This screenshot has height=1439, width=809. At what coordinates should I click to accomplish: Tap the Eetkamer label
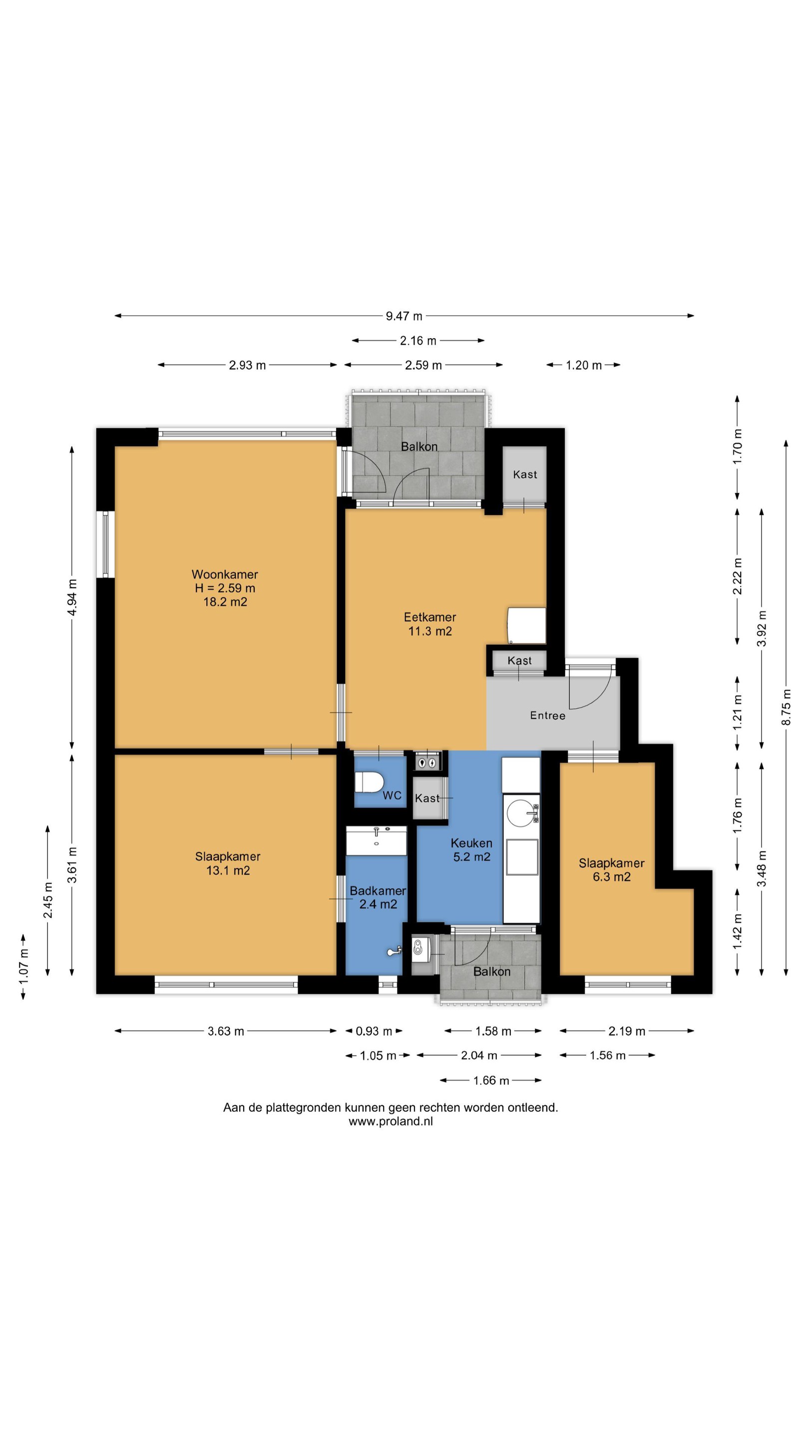tap(430, 617)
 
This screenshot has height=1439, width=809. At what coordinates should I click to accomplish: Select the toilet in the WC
tap(369, 782)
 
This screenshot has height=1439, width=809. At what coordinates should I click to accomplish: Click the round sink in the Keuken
tap(520, 813)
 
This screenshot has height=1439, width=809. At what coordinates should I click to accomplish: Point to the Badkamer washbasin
tap(377, 840)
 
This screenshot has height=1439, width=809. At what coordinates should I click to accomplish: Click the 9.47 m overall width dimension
tap(404, 316)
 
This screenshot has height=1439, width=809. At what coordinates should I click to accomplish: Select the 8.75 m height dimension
tap(786, 707)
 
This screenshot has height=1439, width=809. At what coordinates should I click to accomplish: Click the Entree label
tap(548, 716)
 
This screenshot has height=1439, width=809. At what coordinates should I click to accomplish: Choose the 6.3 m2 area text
tap(611, 877)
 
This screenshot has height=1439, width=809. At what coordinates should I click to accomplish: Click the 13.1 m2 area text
tap(228, 870)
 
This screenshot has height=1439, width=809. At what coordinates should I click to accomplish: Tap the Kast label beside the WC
tap(427, 799)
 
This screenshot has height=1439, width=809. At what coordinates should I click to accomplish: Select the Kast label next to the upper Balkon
tap(525, 474)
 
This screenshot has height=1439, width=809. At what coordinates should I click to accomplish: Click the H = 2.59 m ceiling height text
tap(225, 588)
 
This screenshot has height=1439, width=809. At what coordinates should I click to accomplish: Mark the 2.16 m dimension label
tap(418, 341)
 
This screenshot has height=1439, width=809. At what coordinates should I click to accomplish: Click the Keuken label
tap(471, 843)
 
